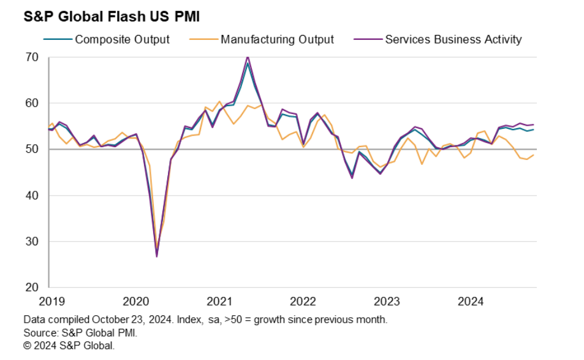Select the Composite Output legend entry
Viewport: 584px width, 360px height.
tap(122, 39)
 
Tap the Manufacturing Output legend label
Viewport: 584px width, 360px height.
tap(277, 39)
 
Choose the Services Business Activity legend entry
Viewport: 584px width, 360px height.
tap(453, 39)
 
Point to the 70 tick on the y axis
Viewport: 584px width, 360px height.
tap(32, 58)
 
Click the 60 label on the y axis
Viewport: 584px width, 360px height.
tap(32, 104)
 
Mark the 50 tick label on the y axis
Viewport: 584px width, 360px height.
tap(32, 150)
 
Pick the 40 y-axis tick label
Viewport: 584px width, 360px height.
tap(32, 196)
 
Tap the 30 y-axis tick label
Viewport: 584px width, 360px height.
tap(32, 242)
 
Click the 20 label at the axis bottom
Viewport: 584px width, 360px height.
tap(32, 288)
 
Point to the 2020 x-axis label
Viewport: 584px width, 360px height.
tap(135, 302)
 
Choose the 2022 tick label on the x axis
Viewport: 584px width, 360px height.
tap(303, 302)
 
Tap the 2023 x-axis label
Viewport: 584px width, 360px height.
tap(387, 302)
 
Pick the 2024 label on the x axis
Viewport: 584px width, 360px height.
tap(471, 302)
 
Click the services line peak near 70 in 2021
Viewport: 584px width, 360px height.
tap(248, 57)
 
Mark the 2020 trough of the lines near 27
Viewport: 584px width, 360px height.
tap(157, 256)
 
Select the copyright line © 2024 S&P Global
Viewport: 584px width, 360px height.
tap(69, 345)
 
